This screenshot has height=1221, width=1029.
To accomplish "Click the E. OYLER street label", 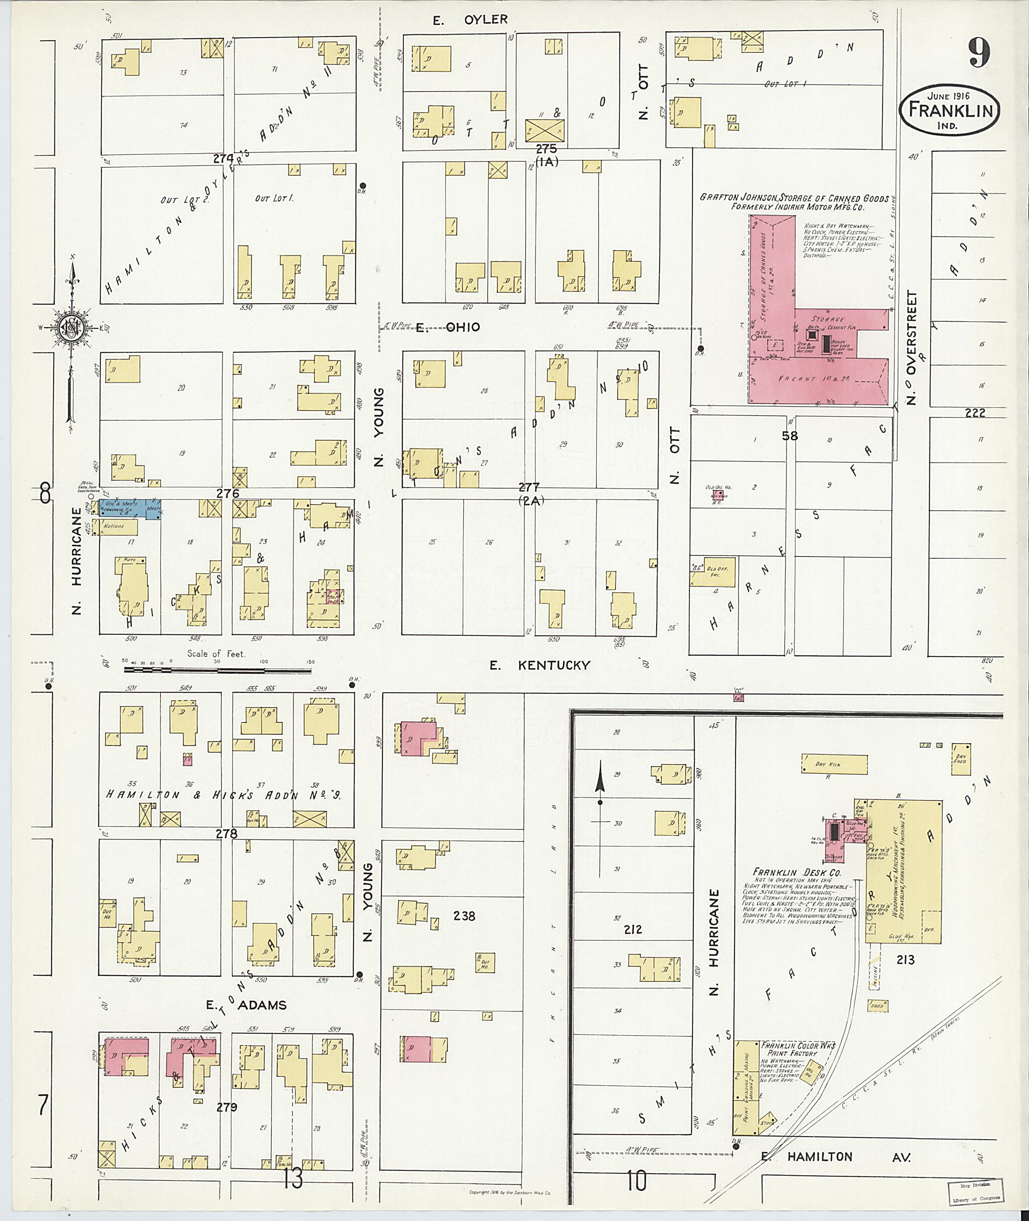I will (x=470, y=19).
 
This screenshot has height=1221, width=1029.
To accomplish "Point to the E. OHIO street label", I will (x=448, y=327).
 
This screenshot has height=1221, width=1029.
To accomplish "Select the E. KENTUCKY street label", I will (x=540, y=665).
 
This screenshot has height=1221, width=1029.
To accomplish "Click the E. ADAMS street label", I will (x=246, y=1005).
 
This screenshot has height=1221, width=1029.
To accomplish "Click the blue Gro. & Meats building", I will (x=130, y=507).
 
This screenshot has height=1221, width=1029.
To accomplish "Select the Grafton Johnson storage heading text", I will (x=794, y=202).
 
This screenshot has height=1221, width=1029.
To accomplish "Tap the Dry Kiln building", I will (x=834, y=764).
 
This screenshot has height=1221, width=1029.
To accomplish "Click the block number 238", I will (x=464, y=916).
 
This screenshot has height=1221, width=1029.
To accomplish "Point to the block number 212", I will (x=633, y=928).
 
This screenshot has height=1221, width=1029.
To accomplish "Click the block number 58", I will (x=790, y=435).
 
